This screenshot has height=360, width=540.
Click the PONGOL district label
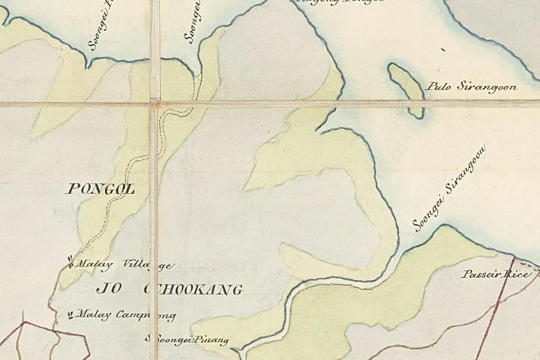101,189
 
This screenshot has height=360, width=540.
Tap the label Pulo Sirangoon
472,87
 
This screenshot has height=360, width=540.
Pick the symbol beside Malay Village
70,262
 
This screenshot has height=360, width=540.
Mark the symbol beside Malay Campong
70,314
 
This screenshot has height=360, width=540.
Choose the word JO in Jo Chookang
106,290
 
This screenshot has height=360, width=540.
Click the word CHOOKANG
194,290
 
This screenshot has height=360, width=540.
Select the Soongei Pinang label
187,340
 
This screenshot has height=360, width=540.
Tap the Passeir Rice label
496,274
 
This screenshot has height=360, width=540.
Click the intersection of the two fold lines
154,103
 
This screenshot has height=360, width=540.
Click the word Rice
517,274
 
